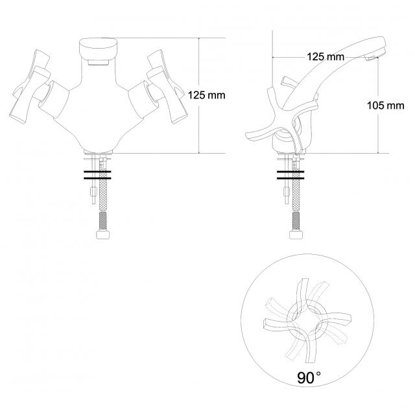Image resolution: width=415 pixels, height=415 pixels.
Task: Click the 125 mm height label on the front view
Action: pos(206,95)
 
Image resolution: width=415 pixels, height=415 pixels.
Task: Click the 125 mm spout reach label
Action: pos(326,56)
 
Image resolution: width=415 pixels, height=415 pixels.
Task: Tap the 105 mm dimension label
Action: pos(386,106)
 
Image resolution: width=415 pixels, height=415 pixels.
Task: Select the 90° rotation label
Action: pos(309,377)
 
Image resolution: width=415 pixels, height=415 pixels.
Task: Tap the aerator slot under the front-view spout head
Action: pos(99,62)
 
